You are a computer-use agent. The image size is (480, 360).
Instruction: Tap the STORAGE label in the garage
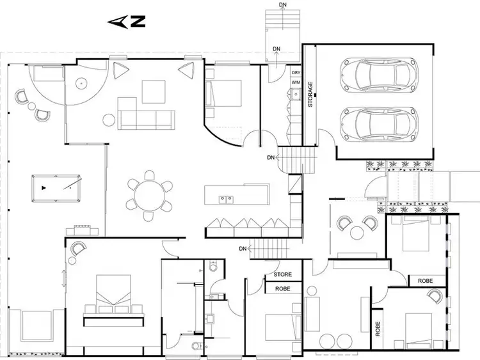point(311,94)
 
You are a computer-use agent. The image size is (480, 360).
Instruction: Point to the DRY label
point(296,74)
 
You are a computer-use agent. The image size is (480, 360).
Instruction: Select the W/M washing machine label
point(296,83)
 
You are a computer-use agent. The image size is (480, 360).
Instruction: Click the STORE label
point(283,275)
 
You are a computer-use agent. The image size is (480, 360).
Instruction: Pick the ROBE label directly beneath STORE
point(283,288)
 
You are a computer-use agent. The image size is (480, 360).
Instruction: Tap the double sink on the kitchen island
point(225,199)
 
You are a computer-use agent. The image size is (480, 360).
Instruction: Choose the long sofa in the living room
point(147,118)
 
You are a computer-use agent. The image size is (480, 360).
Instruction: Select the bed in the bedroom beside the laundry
point(224,94)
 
